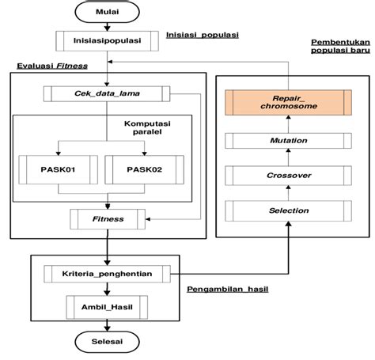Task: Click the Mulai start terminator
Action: [x=108, y=12]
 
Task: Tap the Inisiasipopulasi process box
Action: [x=108, y=39]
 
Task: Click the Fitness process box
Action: [x=108, y=216]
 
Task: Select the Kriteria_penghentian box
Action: [x=108, y=274]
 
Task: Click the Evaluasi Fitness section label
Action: [x=53, y=67]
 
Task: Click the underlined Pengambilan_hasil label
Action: [x=228, y=289]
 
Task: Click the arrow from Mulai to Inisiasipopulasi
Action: [x=108, y=25]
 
